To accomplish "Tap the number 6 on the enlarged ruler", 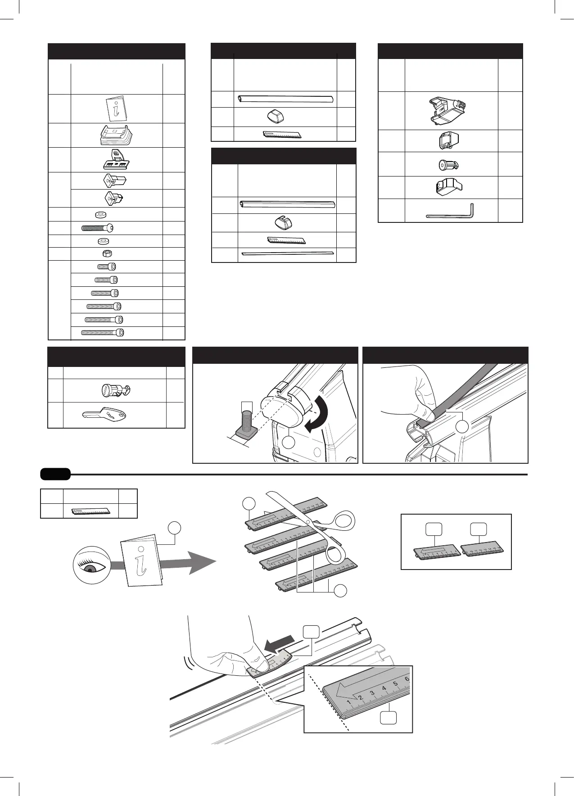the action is (407, 679).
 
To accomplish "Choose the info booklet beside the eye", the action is (141, 560).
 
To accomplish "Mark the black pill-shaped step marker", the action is (55, 474).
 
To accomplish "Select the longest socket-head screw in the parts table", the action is (102, 333).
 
